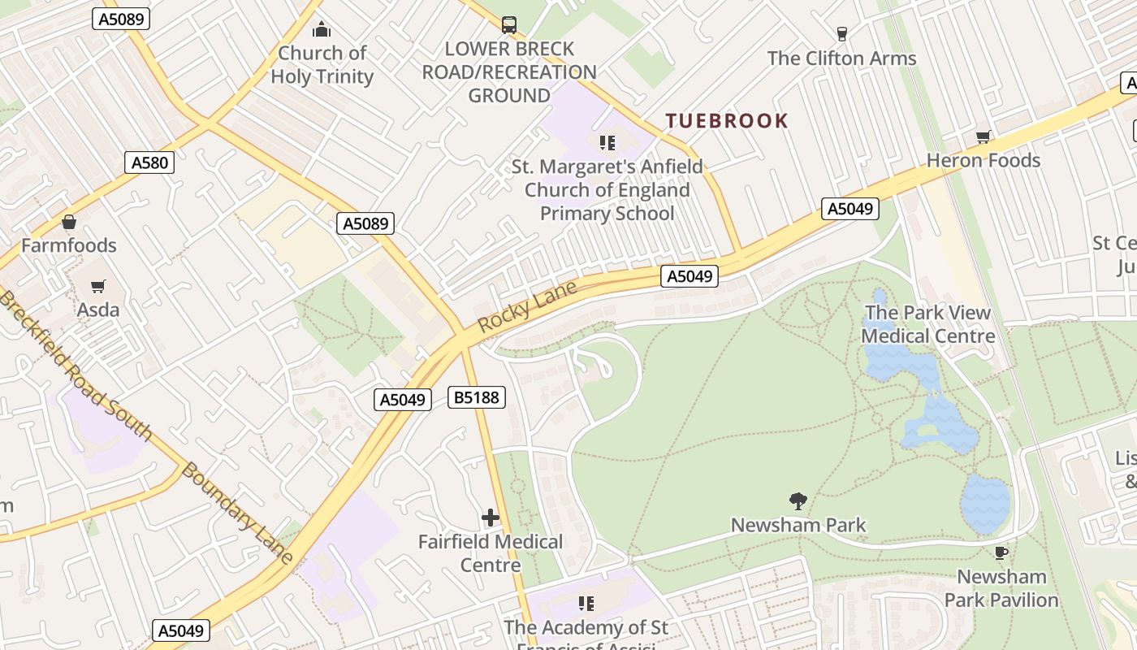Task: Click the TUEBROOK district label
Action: click(726, 121)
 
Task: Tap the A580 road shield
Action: click(150, 162)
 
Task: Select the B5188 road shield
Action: click(477, 397)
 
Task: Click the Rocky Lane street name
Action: click(527, 305)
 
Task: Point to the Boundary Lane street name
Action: click(236, 513)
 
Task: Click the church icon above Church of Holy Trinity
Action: click(322, 30)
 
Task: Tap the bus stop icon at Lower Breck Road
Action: click(509, 25)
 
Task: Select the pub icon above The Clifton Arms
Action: click(841, 34)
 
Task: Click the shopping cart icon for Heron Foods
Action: click(983, 137)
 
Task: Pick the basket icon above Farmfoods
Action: click(69, 222)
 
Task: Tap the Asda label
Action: click(98, 310)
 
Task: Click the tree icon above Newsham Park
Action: click(798, 501)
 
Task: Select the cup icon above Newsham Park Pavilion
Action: click(1001, 553)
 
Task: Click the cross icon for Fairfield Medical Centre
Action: click(491, 518)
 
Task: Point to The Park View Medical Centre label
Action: click(927, 324)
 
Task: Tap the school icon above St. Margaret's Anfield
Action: click(607, 144)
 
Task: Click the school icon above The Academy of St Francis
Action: click(586, 604)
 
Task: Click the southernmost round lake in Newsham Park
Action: click(985, 504)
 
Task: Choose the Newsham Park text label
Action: click(798, 525)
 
